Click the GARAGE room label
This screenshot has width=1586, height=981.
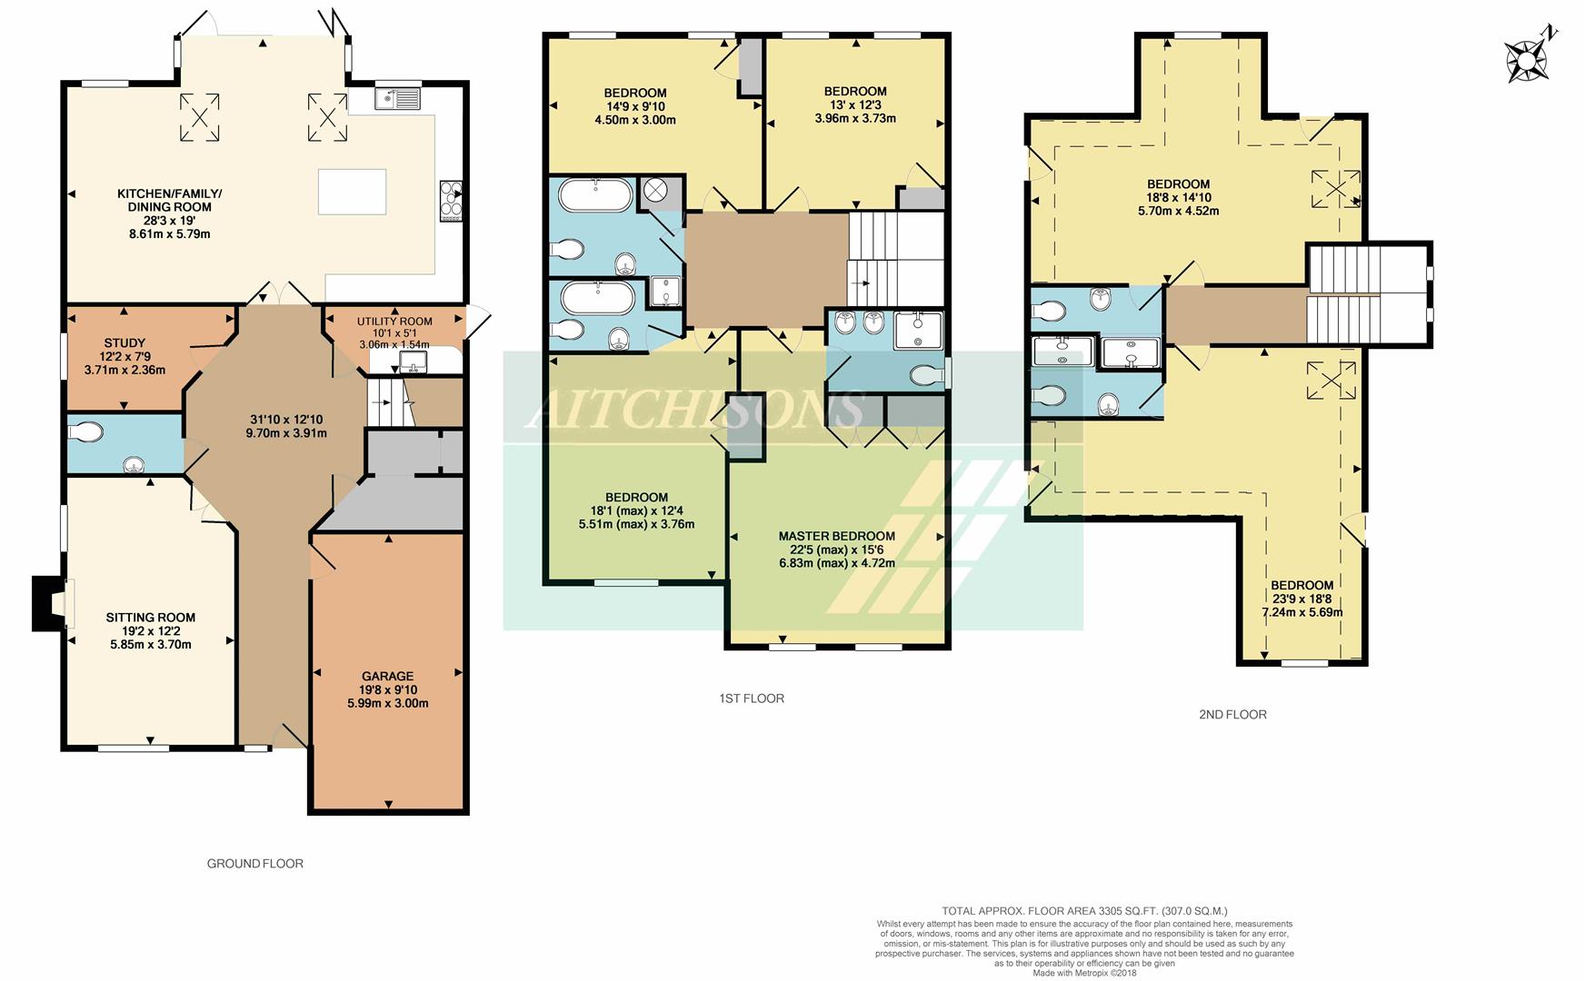coord(388,676)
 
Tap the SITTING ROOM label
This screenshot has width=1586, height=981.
coord(151,618)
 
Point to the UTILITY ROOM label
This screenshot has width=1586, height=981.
coord(394,322)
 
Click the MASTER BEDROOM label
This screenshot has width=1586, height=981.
coord(837,536)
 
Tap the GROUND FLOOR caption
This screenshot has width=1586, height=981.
coord(255,864)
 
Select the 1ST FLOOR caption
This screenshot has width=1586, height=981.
coord(752,699)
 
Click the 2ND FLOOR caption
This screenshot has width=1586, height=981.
coord(1232,715)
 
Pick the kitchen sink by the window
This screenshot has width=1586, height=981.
coord(398,98)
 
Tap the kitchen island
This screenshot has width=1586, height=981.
coord(352,191)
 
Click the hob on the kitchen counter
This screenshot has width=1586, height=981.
coord(451,201)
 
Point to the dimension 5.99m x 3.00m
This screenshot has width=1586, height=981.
coord(387,703)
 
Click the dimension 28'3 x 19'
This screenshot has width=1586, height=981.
coord(169,221)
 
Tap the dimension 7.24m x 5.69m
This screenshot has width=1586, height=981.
coord(1302,612)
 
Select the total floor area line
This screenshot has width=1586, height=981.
coord(1084,911)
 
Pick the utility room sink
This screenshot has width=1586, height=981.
coord(413,363)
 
